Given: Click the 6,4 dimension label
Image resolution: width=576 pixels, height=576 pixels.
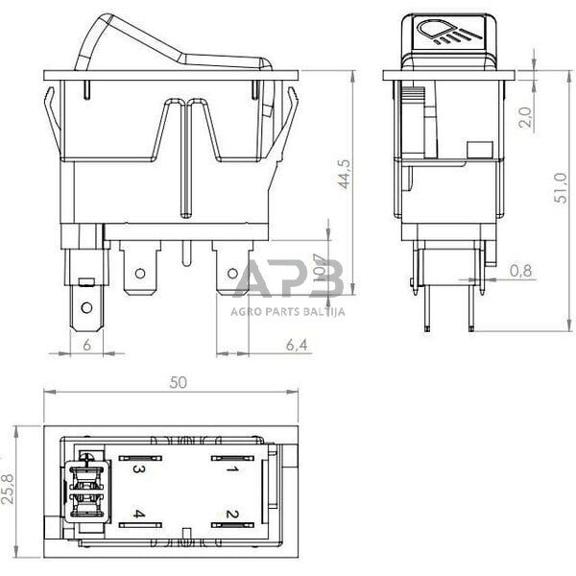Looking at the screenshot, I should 298,344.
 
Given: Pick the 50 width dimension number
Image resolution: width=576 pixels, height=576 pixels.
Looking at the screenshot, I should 178,382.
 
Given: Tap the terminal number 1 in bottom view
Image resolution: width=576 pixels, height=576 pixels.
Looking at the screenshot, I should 231,469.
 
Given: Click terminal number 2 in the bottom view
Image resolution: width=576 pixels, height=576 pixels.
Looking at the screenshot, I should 231,515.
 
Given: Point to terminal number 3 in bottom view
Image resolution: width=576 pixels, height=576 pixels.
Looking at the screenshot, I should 139,469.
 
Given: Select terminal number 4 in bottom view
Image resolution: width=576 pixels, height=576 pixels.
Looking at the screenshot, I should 139,515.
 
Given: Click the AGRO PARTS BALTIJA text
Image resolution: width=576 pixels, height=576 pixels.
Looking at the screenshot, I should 288,311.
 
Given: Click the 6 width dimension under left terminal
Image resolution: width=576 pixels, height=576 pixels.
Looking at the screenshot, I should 86,344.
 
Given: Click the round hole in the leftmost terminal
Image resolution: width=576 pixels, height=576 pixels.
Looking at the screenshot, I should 86,308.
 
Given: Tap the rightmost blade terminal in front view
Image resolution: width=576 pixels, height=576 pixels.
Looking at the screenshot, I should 231,268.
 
